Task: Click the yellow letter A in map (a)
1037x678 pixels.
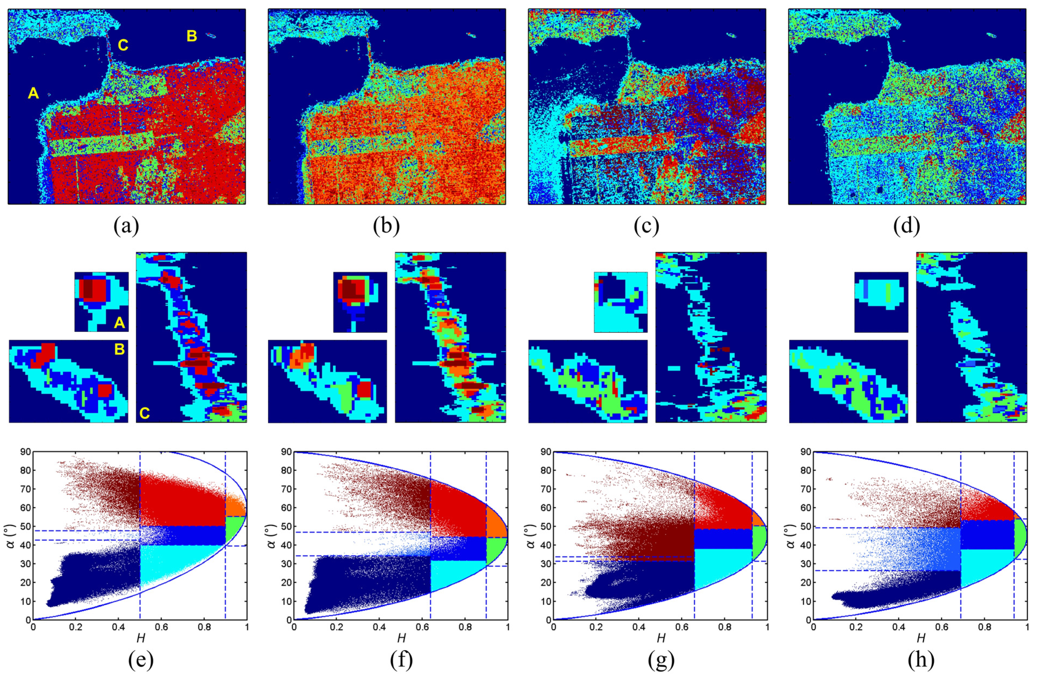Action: pyautogui.click(x=33, y=93)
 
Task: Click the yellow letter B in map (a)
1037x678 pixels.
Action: pyautogui.click(x=192, y=36)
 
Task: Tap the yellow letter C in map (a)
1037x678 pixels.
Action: pyautogui.click(x=123, y=45)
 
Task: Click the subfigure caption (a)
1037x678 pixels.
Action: pyautogui.click(x=126, y=226)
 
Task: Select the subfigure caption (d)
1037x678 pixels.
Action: pyautogui.click(x=907, y=226)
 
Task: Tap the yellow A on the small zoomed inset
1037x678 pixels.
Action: pyautogui.click(x=119, y=323)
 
